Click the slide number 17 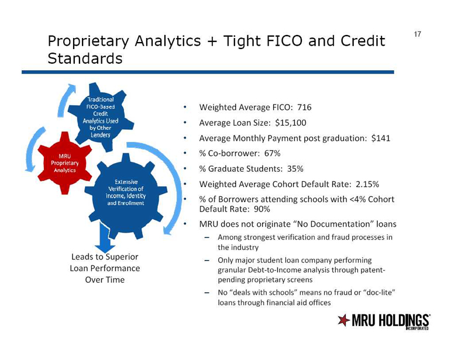[x=417, y=34]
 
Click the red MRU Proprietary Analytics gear [x=65, y=163]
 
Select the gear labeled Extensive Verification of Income [x=126, y=195]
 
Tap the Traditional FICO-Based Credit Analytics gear [x=101, y=117]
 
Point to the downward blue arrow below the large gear [x=105, y=238]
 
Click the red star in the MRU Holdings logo [x=343, y=320]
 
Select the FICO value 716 [x=304, y=107]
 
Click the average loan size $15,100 [x=290, y=123]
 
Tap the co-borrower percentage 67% [x=272, y=153]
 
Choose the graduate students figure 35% [x=295, y=169]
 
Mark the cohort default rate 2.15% [x=367, y=184]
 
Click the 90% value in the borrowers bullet [x=261, y=209]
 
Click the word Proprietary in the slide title [x=88, y=41]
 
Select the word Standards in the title [x=85, y=58]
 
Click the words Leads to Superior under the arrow [x=105, y=257]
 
